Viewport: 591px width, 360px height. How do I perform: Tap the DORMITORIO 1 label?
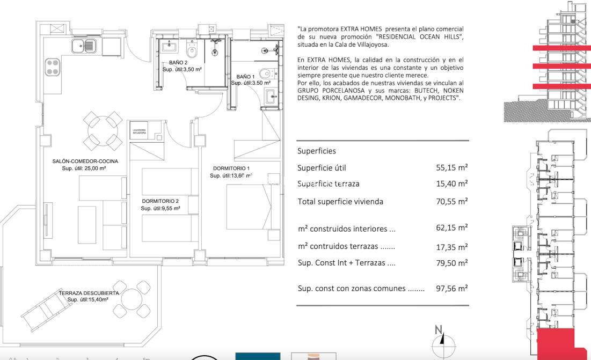point(231,168)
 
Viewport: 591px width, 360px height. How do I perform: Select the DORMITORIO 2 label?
point(160,201)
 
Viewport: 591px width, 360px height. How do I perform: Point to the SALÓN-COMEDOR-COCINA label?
point(85,161)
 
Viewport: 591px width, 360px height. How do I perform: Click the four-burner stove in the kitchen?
point(52,68)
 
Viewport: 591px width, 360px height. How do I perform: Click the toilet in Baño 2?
point(192,52)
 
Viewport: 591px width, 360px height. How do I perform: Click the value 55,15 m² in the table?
point(452,168)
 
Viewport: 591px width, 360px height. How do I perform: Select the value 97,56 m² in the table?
point(452,288)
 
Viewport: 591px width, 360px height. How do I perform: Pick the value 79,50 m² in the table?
point(452,263)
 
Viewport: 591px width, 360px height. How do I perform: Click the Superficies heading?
point(317,151)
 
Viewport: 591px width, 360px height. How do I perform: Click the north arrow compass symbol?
point(440,337)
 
